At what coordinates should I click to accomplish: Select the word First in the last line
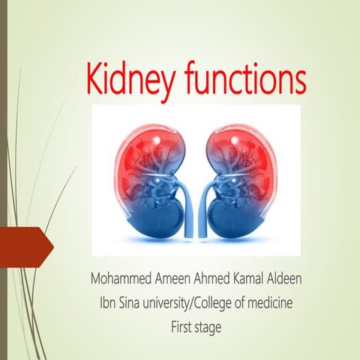(184, 326)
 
